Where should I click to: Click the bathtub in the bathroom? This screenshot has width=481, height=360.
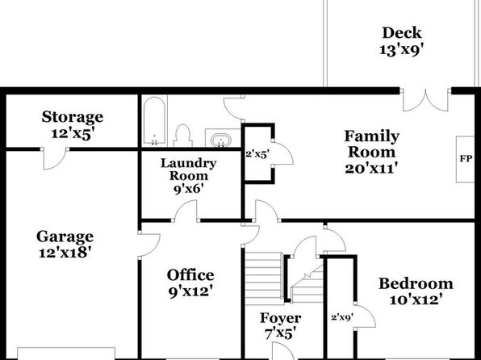click(x=155, y=121)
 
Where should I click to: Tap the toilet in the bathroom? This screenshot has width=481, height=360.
click(x=183, y=136)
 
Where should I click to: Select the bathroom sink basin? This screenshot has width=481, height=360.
click(x=221, y=140)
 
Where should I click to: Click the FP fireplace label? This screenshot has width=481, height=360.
click(x=466, y=159)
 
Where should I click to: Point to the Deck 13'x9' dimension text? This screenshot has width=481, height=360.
click(x=402, y=49)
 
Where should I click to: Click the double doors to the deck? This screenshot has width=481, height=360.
click(x=425, y=99)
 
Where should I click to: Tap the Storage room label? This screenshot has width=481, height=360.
click(x=73, y=117)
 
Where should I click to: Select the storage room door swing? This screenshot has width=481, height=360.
click(x=55, y=158)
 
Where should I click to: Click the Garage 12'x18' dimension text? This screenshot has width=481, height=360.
click(x=65, y=253)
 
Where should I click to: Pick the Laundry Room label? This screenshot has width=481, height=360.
click(x=188, y=170)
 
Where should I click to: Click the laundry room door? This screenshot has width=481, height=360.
click(x=186, y=211)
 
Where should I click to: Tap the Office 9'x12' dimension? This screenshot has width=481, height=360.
click(x=190, y=291)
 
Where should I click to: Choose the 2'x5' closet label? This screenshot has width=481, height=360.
click(x=257, y=154)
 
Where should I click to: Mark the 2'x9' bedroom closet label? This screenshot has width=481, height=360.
click(x=342, y=317)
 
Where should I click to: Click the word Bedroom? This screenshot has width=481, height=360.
click(x=416, y=283)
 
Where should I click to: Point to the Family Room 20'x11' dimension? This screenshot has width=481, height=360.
click(x=371, y=169)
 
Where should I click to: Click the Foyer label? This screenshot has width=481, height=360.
click(x=280, y=318)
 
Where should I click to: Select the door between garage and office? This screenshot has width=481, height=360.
click(x=149, y=245)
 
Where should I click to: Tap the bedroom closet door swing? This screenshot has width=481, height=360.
click(x=365, y=316)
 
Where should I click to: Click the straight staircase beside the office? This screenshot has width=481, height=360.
click(x=264, y=278)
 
